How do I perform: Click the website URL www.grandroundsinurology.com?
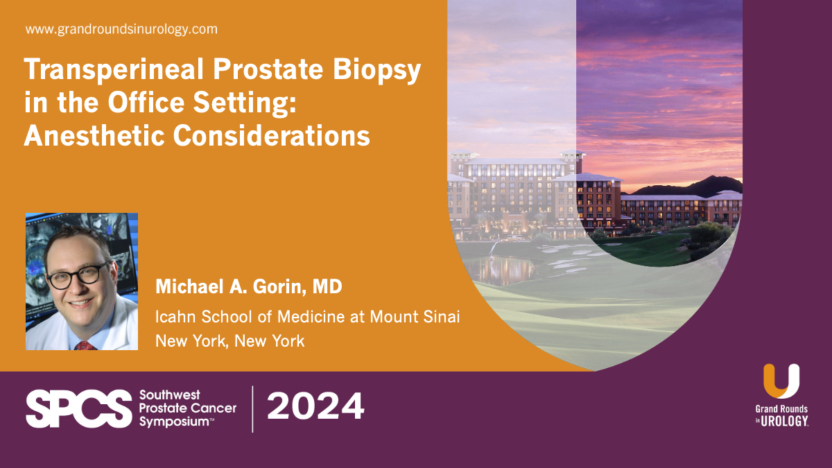[x=121, y=30]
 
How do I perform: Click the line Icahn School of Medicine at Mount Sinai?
[x=308, y=317]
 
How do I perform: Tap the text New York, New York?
[x=229, y=341]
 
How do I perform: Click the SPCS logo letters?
[x=78, y=408]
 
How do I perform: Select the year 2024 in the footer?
[x=315, y=407]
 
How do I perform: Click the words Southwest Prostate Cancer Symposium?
[x=187, y=408]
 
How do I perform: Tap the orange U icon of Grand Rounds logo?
[x=781, y=381]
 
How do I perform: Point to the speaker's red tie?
[x=84, y=345]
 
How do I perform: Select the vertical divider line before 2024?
[x=252, y=408]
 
